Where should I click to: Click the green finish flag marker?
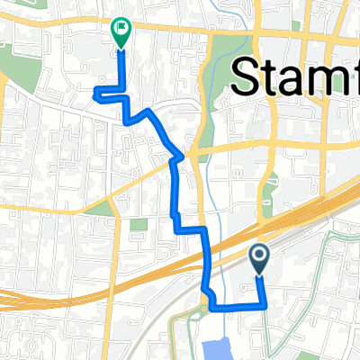click(x=120, y=31)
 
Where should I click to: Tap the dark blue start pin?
click(x=259, y=259)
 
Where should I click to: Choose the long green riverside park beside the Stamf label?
click(x=214, y=81)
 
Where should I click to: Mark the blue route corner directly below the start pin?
click(x=266, y=307)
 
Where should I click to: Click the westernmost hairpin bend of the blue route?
click(x=94, y=90)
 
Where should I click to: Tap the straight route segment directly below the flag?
click(x=121, y=67)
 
